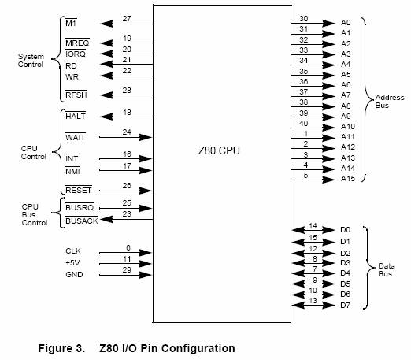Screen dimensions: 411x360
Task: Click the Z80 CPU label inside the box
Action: [219, 150]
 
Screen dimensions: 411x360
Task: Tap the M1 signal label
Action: [71, 24]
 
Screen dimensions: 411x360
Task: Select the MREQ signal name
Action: [77, 43]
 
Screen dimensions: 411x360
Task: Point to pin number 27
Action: [127, 19]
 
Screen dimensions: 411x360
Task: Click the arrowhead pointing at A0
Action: [328, 24]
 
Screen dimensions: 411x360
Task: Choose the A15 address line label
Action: [348, 179]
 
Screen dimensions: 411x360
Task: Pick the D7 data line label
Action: [345, 306]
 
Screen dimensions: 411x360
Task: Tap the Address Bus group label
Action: [390, 102]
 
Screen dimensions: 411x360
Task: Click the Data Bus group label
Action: [387, 270]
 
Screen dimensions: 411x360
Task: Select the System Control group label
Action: [31, 61]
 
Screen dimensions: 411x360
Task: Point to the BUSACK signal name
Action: [82, 221]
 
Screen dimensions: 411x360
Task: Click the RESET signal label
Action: [79, 190]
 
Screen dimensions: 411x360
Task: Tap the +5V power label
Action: [72, 263]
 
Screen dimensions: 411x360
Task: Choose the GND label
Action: [74, 275]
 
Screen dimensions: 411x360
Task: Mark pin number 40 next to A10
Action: [304, 124]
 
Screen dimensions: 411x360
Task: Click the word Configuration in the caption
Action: [198, 348]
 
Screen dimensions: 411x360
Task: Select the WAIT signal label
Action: [76, 137]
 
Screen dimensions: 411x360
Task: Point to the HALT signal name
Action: [76, 116]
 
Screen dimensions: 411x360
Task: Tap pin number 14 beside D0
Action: [313, 226]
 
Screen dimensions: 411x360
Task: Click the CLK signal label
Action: [73, 251]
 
